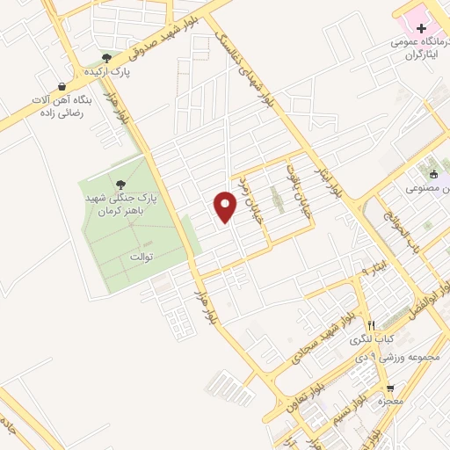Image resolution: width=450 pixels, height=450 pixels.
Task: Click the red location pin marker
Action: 227,207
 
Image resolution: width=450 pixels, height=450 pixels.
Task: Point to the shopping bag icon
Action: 62,86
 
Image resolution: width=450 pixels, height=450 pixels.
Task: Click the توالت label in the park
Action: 142,257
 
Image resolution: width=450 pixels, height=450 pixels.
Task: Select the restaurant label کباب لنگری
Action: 373,338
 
